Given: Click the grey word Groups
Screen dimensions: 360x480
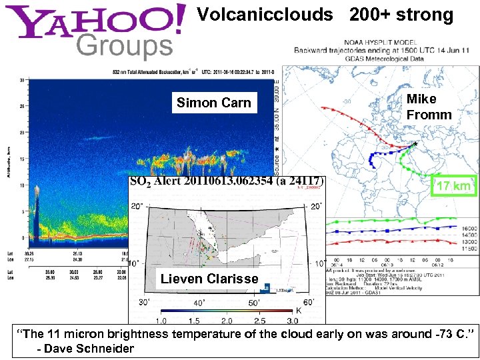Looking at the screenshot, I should pos(125,47).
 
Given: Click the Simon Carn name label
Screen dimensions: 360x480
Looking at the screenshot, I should pos(213,103).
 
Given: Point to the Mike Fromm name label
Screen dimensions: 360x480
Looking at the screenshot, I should pos(429,107).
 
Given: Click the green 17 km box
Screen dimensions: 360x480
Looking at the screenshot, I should pos(453,186).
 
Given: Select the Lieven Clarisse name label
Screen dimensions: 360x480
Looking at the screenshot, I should pos(209,279).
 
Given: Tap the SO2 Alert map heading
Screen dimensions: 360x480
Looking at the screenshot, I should pos(227,181).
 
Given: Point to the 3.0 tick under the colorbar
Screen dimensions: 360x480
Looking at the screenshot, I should pos(292,321).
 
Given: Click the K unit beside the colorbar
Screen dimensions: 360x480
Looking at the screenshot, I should pos(298,310).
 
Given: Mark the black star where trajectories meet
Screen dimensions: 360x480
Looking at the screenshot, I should pos(415,143).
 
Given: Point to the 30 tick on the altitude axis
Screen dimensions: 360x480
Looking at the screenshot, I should pos(22,80).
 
